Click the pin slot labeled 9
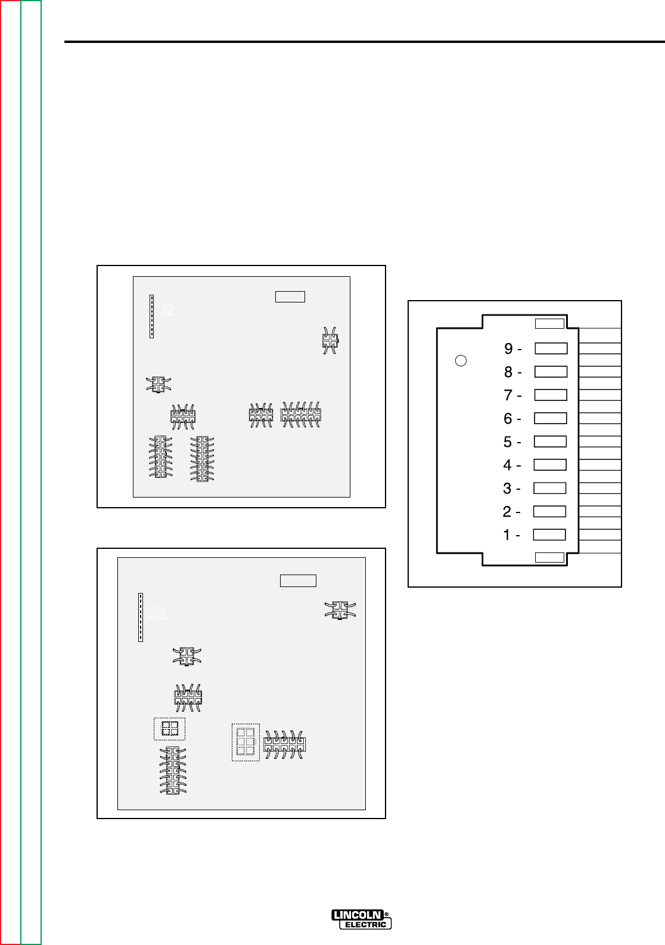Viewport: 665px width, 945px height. [x=551, y=348]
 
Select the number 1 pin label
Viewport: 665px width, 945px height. [x=508, y=535]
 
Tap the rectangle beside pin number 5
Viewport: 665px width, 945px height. [x=550, y=441]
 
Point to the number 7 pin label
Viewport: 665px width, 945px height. [x=508, y=395]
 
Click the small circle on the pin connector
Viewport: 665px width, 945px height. [x=460, y=360]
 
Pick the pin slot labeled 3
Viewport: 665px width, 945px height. [x=549, y=488]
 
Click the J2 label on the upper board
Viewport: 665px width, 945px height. [x=166, y=310]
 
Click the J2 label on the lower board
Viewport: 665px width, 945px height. [x=157, y=613]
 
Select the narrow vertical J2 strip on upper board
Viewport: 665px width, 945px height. [x=152, y=316]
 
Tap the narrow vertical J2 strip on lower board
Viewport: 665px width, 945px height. [x=141, y=617]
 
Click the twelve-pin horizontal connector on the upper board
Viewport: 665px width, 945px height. [x=301, y=415]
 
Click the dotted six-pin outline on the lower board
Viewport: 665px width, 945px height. [x=246, y=742]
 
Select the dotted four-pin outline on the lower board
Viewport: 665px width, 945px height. [x=170, y=728]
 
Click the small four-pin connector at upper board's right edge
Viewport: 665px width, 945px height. [x=330, y=341]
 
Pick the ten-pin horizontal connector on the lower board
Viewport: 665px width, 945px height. [x=285, y=744]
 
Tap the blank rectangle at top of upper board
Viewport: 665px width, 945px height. [x=290, y=297]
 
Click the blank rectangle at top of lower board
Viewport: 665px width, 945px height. [x=298, y=580]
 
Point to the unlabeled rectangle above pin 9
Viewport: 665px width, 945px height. [x=549, y=324]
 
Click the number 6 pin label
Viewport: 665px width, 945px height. [x=508, y=419]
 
